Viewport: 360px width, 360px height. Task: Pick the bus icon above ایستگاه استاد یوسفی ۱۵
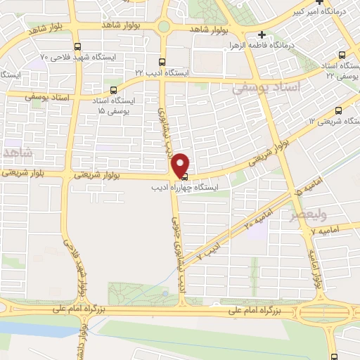pyautogui.click(x=114, y=90)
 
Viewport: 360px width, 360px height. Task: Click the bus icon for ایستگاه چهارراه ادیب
pyautogui.click(x=184, y=177)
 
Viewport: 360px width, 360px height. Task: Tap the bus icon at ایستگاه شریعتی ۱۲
pyautogui.click(x=340, y=110)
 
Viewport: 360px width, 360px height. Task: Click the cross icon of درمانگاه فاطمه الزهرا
pyautogui.click(x=262, y=34)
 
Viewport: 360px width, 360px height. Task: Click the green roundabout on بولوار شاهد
pyautogui.click(x=164, y=27)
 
